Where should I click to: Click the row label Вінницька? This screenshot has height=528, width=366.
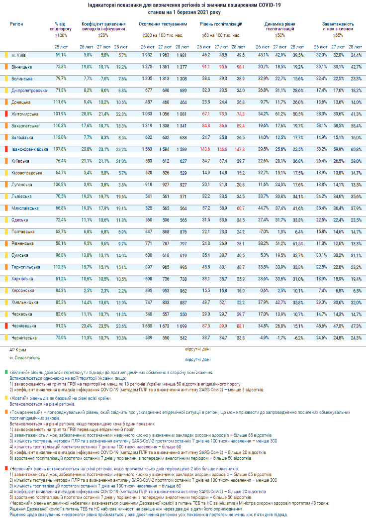pos(22,66)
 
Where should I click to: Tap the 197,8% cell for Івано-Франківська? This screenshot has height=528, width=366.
pos(61,149)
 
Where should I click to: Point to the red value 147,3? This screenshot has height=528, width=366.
pos(241,149)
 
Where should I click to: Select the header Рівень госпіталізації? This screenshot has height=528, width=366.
pos(221,23)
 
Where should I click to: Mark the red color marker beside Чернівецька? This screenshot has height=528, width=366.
pos(5,326)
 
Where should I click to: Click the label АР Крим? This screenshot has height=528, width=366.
pos(18,349)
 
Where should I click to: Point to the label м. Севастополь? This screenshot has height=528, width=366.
pos(24,358)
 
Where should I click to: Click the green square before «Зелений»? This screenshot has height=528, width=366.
pos(6,372)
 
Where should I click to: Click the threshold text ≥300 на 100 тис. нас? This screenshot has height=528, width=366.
pos(163,35)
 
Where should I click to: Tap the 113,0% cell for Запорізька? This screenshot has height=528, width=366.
pos(61,137)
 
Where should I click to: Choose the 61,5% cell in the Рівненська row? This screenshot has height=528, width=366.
pos(298,243)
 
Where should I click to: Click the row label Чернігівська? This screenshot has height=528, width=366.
pos(24,337)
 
